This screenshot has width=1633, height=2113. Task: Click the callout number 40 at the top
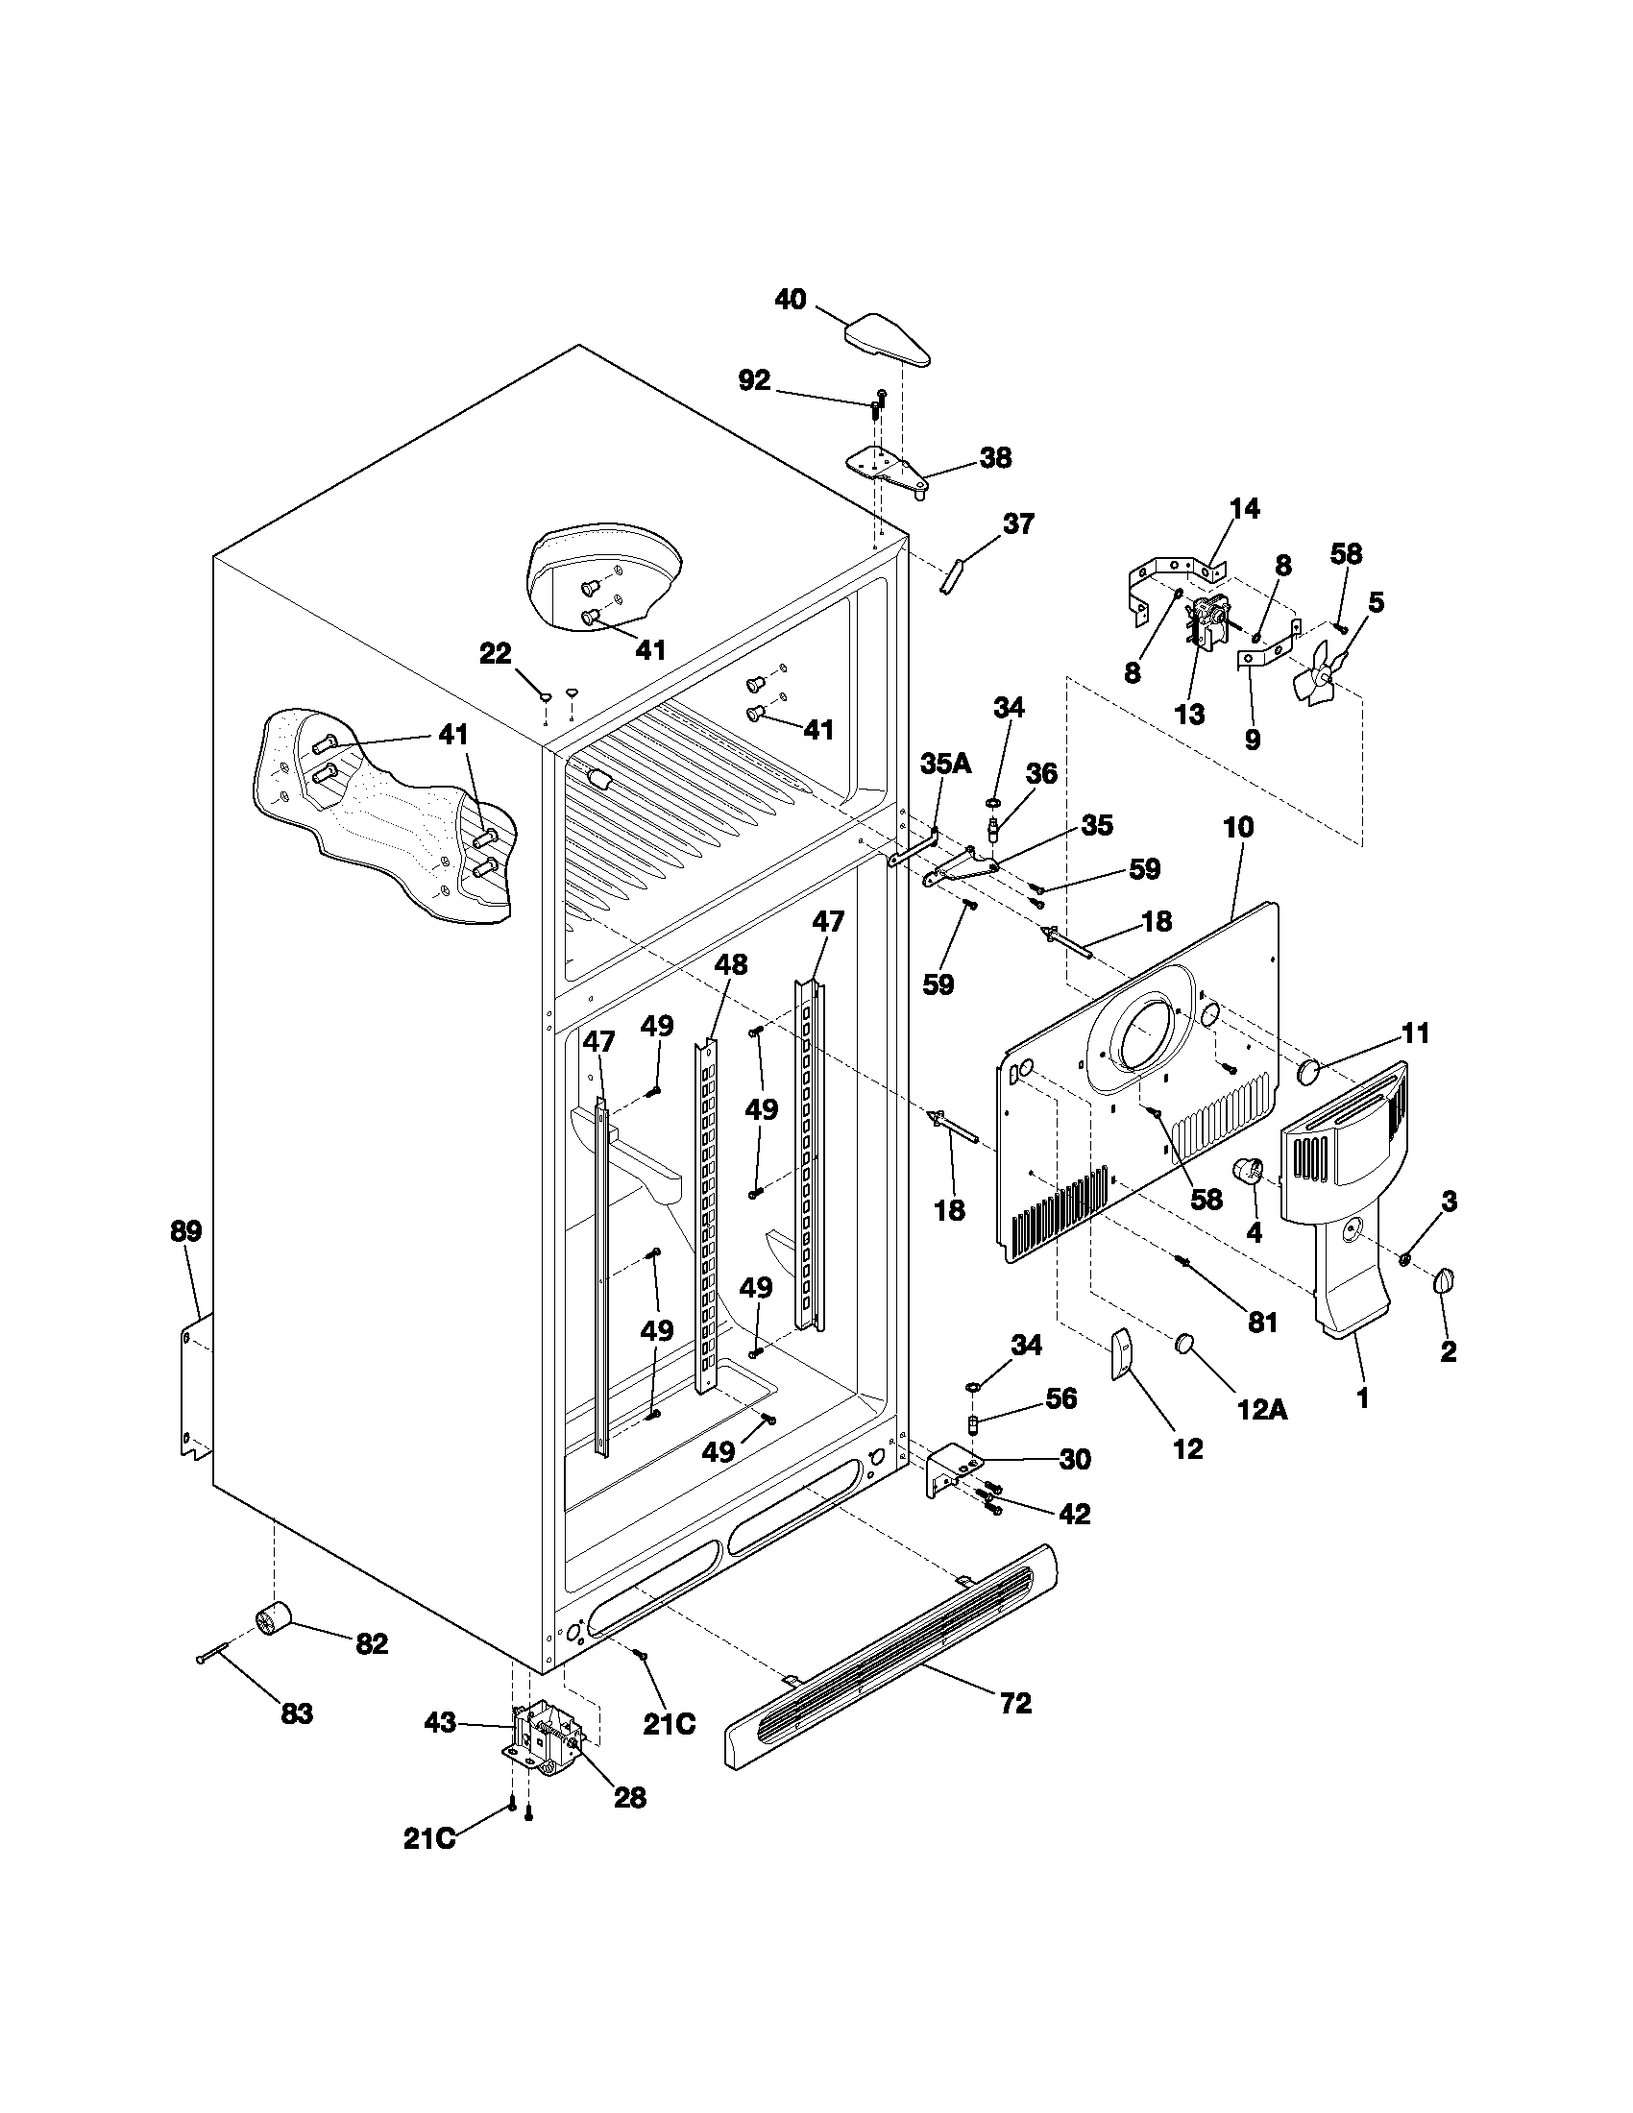(791, 300)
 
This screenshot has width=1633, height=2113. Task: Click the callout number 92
(755, 381)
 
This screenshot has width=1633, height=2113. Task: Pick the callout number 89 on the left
(185, 1231)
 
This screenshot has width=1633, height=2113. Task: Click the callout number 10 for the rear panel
(1238, 827)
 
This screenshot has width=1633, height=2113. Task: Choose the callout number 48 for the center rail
(731, 964)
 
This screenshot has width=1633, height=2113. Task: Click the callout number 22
(496, 654)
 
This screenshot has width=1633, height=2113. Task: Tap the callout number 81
(1262, 1322)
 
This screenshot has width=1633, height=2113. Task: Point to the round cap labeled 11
(1310, 1070)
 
